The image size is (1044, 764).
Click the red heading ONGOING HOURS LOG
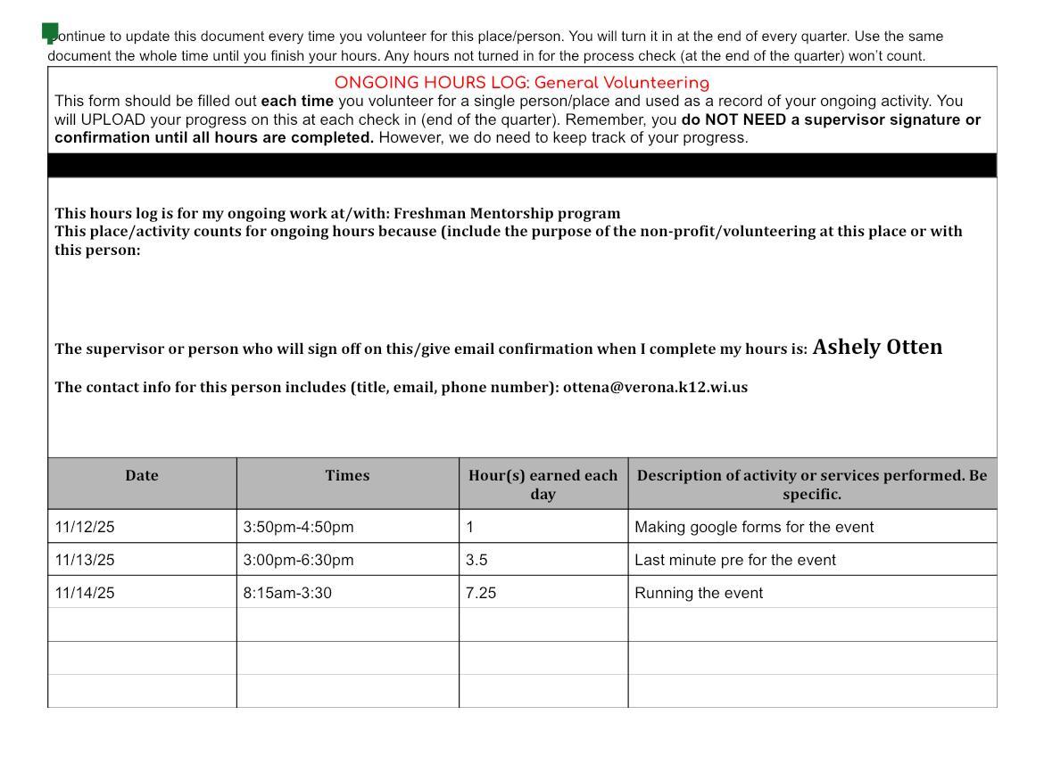[x=521, y=83]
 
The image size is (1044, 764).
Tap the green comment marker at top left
[x=50, y=33]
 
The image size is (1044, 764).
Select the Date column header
[x=142, y=476]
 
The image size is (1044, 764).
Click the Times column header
[x=347, y=476]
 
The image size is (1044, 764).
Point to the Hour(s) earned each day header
[x=543, y=484]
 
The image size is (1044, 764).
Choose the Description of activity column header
[x=812, y=484]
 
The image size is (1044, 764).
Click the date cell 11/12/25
[x=85, y=527]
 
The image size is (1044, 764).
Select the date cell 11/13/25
[x=85, y=560]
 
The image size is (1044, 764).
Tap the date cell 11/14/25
[x=85, y=593]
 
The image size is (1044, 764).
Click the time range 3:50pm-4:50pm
[x=298, y=527]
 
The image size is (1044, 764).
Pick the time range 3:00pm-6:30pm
[x=298, y=560]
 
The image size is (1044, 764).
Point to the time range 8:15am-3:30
[x=287, y=593]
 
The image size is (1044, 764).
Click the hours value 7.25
[x=480, y=593]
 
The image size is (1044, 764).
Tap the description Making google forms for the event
[x=754, y=527]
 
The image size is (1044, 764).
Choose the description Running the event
[x=699, y=593]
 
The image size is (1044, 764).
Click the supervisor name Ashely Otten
[x=877, y=347]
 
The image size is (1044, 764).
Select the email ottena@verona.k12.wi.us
[x=655, y=387]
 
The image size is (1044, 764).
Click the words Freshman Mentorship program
[x=507, y=213]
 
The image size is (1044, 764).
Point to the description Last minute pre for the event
[x=735, y=560]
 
